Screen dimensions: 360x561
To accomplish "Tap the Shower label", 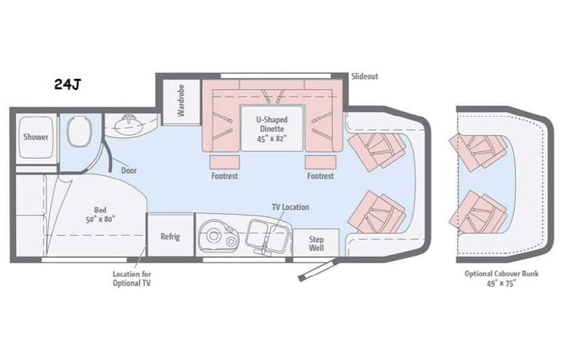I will tap(36, 137).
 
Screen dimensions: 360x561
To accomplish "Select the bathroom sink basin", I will tap(127, 124).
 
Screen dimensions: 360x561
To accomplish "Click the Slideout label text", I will tap(365, 77).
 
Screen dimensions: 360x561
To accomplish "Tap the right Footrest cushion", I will tap(320, 161).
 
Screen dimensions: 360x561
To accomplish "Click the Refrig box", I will tap(170, 236).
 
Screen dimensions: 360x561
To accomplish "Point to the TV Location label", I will tap(290, 207).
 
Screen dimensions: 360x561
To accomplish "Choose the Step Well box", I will tap(316, 243).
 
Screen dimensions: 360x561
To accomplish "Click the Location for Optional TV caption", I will tap(131, 277).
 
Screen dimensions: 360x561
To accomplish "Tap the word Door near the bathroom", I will tap(129, 170).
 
